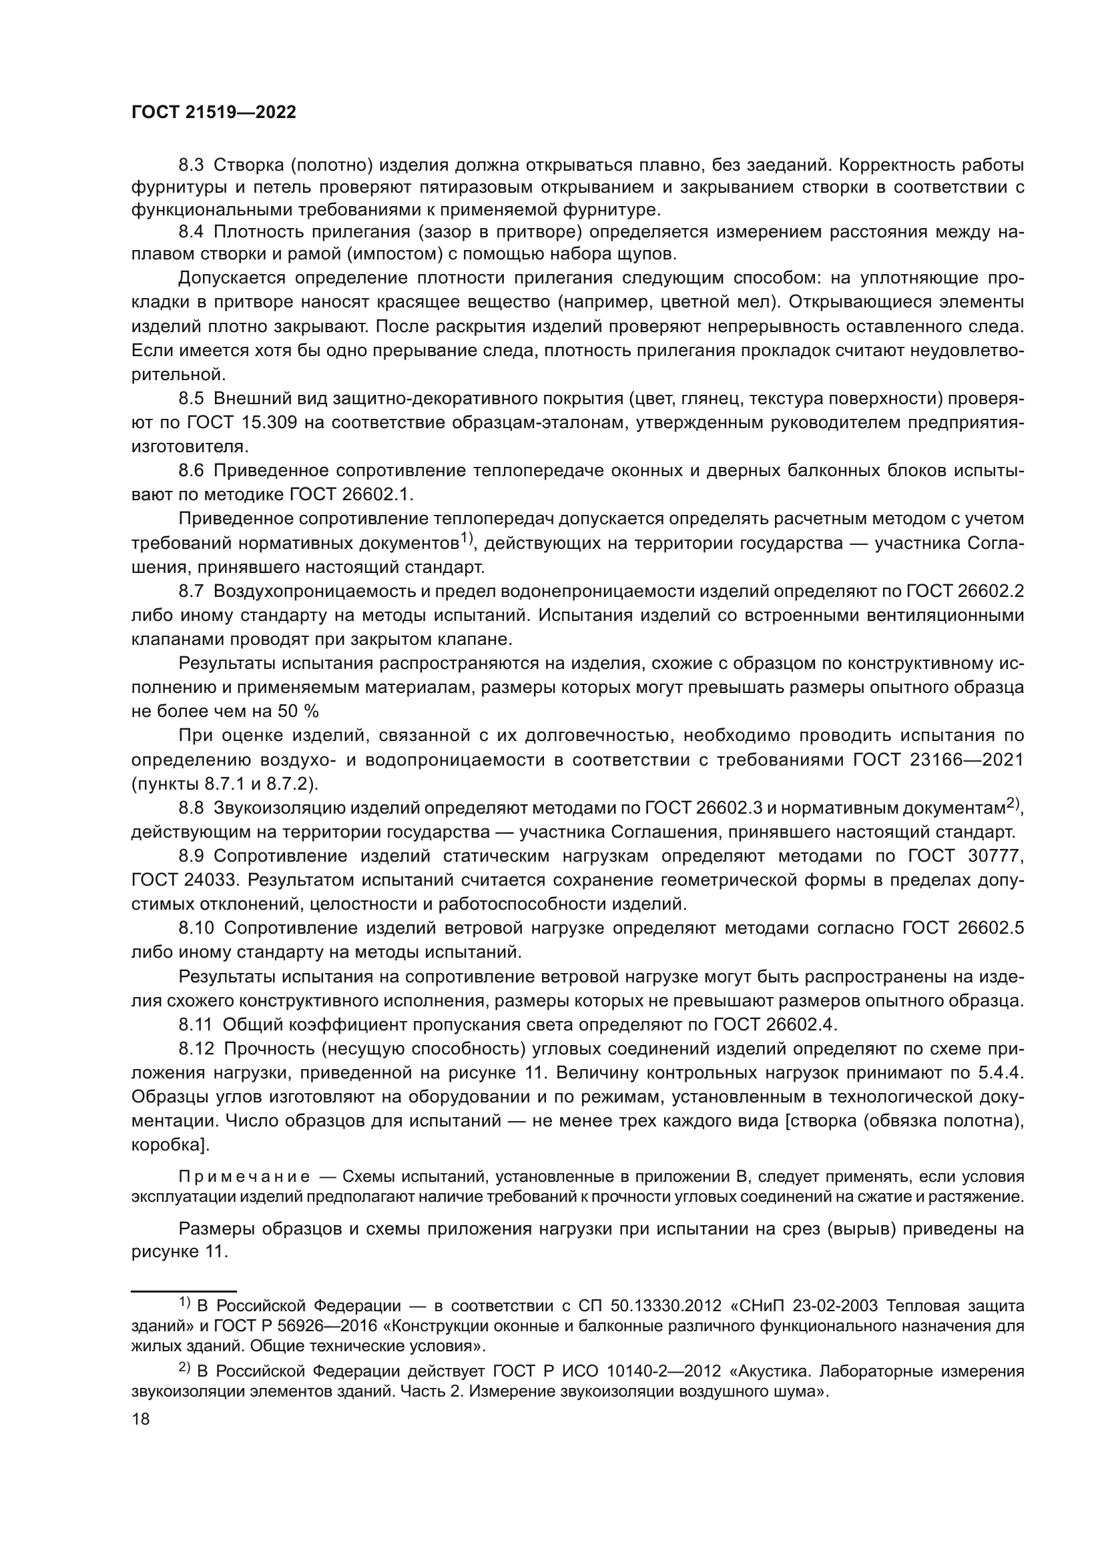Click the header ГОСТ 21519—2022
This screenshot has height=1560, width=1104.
pyautogui.click(x=214, y=113)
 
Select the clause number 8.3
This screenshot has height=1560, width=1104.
pyautogui.click(x=192, y=165)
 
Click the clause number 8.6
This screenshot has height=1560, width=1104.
pyautogui.click(x=192, y=470)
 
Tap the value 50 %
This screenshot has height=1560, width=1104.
pyautogui.click(x=298, y=711)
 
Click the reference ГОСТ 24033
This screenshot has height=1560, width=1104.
pyautogui.click(x=182, y=880)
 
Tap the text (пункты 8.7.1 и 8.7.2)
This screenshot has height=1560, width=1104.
pyautogui.click(x=224, y=784)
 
